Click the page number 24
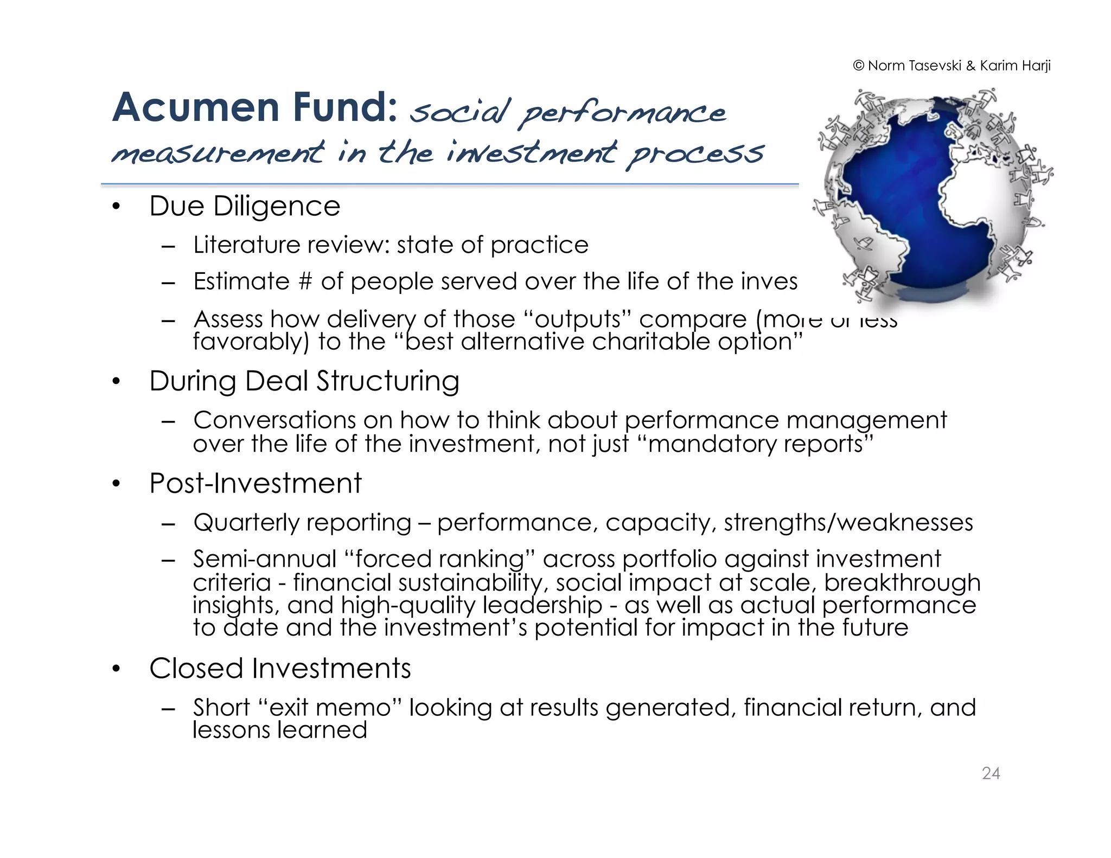991,773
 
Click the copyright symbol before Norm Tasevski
858,66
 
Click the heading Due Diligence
245,207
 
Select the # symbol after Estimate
305,281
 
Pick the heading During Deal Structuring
304,381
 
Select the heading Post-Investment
256,483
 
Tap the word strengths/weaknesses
848,523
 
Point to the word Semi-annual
265,559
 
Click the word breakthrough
902,583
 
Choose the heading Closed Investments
280,668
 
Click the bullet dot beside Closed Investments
116,669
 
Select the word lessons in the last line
231,730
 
